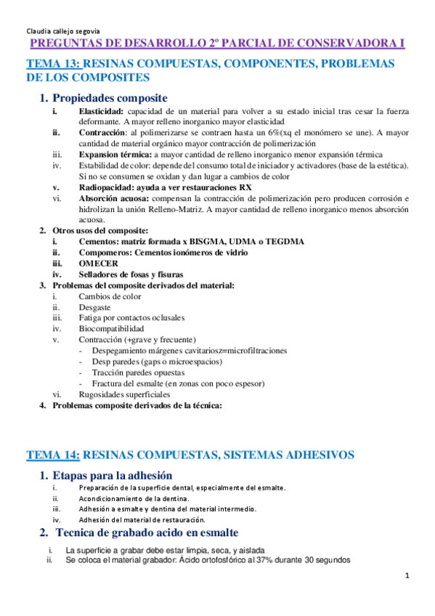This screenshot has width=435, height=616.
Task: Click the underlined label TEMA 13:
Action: (54, 63)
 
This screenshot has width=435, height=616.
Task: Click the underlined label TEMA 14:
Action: (53, 455)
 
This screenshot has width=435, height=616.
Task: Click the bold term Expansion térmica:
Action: (115, 155)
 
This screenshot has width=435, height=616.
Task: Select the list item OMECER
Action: (98, 263)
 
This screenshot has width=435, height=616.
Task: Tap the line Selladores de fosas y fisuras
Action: (131, 274)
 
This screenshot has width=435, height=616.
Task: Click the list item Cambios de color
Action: (110, 296)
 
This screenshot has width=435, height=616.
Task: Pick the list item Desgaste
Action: (95, 307)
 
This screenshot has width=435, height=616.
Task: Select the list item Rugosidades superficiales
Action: (123, 394)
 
